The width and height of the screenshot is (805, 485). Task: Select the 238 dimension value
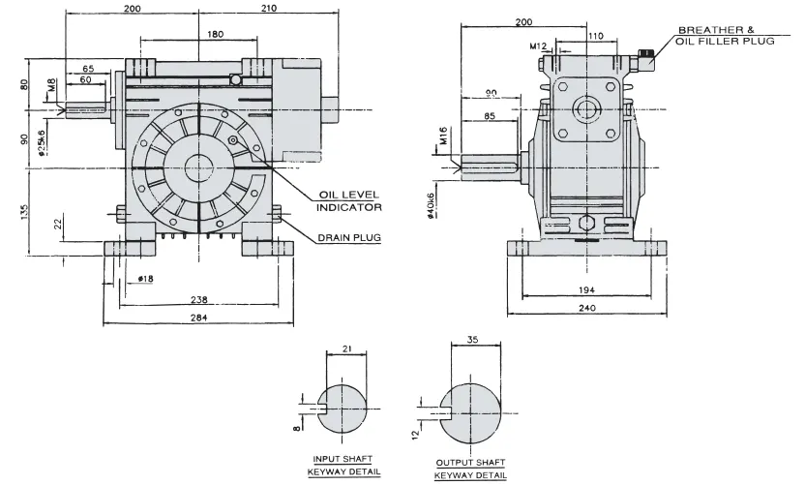pos(199,299)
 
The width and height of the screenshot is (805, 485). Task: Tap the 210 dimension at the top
pos(270,9)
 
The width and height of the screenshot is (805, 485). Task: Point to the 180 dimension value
pos(216,34)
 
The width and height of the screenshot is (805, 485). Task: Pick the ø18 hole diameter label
pos(146,279)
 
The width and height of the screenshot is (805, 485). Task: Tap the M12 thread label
pos(538,45)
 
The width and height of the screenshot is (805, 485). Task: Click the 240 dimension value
pos(587,308)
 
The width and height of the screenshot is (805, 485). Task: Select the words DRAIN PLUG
pos(347,237)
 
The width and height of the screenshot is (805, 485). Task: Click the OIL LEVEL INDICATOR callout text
pos(350,200)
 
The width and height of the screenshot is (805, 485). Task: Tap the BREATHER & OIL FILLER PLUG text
pos(726,36)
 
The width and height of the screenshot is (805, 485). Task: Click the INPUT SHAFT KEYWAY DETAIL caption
pos(344,465)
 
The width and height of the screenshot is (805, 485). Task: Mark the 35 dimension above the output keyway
pos(471,341)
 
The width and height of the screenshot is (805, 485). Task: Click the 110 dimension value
pos(595,36)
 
